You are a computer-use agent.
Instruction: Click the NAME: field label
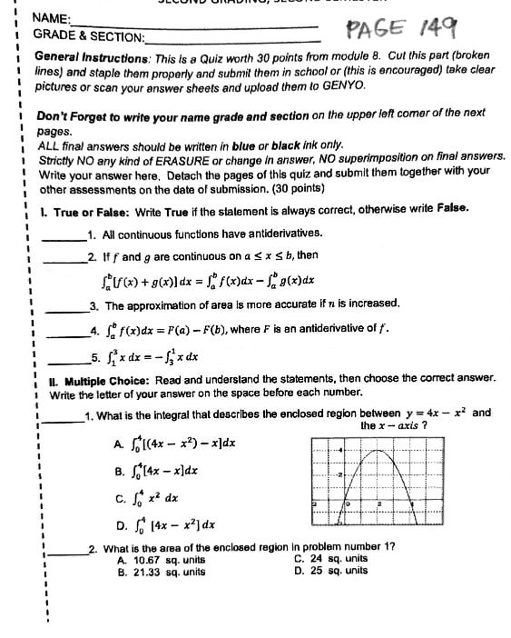tap(52, 17)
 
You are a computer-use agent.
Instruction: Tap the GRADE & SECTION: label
tap(89, 36)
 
